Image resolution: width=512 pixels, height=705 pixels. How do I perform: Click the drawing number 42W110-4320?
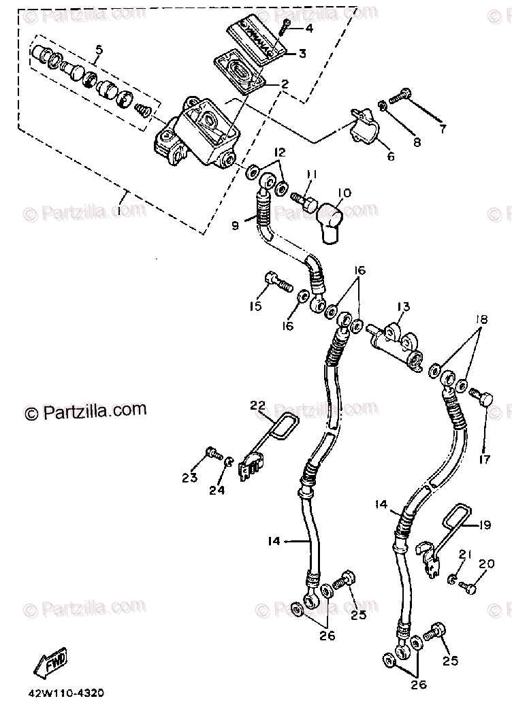66,693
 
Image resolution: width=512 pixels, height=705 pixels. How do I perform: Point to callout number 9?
236,225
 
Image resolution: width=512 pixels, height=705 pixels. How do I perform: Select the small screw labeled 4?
286,27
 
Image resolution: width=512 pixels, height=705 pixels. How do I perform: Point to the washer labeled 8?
383,105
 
